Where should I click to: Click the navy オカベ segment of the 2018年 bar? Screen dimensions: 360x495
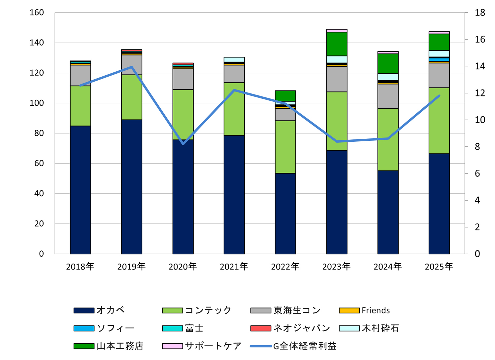80,190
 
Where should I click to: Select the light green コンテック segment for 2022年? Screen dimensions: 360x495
285,147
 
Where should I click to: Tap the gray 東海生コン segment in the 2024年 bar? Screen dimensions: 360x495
388,96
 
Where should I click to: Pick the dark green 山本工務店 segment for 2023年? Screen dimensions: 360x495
337,44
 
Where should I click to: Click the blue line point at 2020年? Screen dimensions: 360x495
183,144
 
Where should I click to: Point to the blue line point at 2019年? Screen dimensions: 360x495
132,67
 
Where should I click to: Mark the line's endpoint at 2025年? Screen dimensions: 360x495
439,96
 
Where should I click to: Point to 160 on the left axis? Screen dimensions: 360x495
37,13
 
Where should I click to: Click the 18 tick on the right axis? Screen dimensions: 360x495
480,13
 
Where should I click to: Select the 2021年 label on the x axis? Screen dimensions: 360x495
234,267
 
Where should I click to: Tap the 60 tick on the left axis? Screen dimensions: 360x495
39,163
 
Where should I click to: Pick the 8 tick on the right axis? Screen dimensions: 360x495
478,147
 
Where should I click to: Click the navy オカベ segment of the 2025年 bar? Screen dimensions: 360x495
439,203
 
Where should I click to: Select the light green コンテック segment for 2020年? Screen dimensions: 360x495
183,114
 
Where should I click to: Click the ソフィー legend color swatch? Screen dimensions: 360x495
84,328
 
